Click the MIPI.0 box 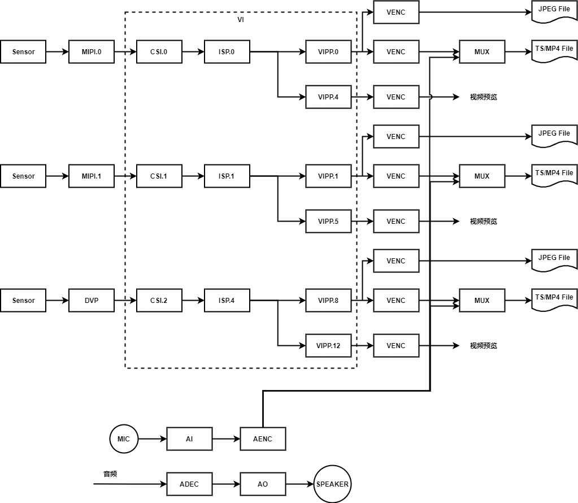coord(92,52)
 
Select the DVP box coord(92,301)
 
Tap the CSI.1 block coord(159,176)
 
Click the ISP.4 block coord(227,301)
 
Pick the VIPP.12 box coord(328,346)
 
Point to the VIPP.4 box coord(328,97)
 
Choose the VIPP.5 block coord(328,222)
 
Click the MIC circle coord(124,439)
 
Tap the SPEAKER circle coord(332,484)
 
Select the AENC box coord(263,439)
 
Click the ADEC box coord(189,484)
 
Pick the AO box coord(263,484)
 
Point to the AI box coord(189,439)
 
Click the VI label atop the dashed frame coord(241,20)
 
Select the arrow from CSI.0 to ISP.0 coord(193,52)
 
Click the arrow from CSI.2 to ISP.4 coord(193,301)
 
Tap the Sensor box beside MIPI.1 coord(23,176)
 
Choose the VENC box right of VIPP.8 coord(396,301)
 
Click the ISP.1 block coord(227,176)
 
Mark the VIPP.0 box coord(328,52)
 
